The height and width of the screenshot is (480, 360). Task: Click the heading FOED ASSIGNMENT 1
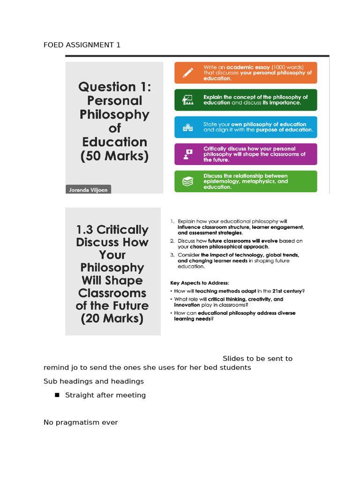click(x=82, y=45)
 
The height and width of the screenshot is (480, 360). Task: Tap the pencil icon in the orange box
click(x=187, y=73)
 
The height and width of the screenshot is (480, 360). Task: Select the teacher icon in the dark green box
click(x=187, y=100)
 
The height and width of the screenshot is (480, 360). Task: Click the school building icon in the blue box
click(x=187, y=127)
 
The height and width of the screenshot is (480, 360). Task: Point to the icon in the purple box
click(x=187, y=154)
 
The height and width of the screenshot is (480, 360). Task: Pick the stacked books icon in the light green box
click(x=187, y=181)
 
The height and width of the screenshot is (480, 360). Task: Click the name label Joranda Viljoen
click(x=88, y=190)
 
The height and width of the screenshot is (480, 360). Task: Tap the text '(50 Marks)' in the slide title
click(x=114, y=157)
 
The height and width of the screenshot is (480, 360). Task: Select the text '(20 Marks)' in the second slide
click(x=112, y=319)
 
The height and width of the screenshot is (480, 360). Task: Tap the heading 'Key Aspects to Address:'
click(x=199, y=283)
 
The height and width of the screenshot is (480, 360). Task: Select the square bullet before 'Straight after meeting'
click(x=57, y=395)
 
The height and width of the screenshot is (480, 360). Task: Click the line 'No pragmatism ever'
click(x=81, y=422)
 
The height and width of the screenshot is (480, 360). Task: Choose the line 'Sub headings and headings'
click(x=94, y=381)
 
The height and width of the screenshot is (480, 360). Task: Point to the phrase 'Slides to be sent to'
click(x=257, y=359)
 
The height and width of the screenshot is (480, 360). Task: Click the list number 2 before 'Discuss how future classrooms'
click(x=172, y=241)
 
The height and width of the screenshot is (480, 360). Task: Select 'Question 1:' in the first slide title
click(x=114, y=87)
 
